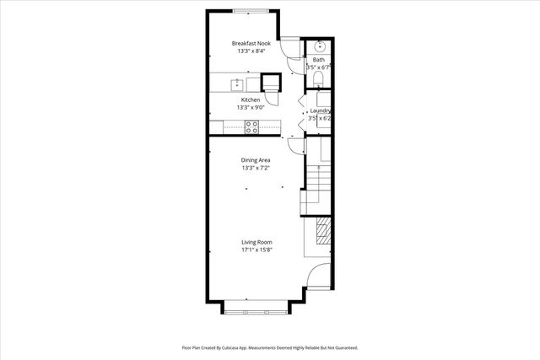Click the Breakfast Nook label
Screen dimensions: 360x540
251,43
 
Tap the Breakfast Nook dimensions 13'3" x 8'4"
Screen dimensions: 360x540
251,51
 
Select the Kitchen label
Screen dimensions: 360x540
251,99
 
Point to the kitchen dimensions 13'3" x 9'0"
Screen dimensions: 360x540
251,108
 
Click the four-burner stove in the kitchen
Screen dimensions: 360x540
251,126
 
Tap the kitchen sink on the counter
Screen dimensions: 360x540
237,83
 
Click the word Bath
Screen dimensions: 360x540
318,60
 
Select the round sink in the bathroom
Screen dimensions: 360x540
318,46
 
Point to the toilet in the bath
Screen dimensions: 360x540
318,79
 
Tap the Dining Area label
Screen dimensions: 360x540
256,159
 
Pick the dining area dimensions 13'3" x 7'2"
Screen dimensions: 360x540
256,168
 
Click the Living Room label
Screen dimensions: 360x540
256,242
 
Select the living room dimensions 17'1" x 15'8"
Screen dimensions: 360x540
256,250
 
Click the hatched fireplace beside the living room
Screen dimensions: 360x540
322,231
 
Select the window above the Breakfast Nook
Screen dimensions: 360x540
251,11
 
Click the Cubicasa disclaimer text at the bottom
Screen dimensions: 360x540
270,347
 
